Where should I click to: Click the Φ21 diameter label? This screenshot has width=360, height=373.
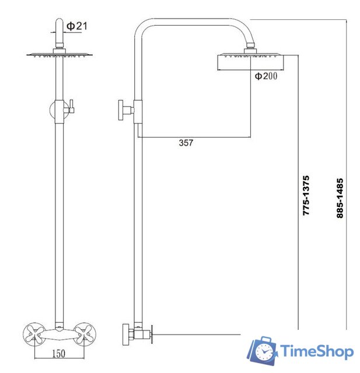[x=76, y=26]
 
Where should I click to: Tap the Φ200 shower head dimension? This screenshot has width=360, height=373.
[x=265, y=75]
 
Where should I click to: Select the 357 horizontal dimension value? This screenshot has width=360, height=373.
[x=186, y=143]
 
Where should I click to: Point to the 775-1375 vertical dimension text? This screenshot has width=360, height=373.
[x=306, y=196]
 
